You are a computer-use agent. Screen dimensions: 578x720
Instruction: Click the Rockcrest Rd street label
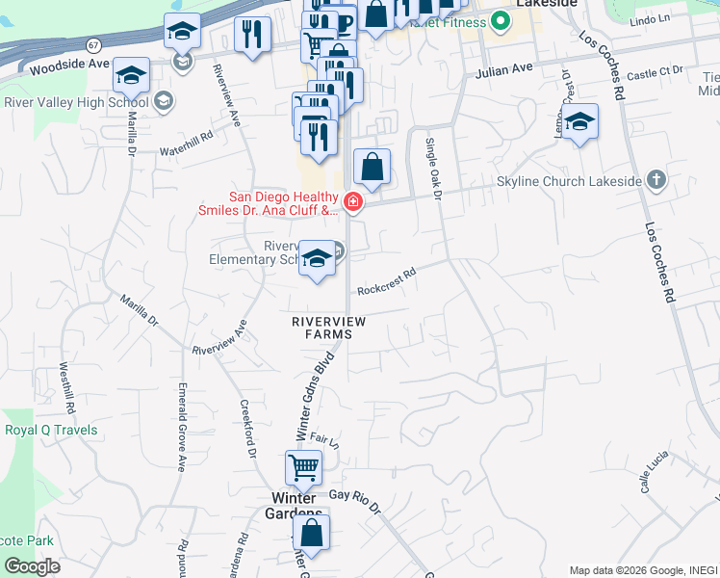386,280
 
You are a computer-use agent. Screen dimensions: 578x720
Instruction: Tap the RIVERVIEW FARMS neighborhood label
323,328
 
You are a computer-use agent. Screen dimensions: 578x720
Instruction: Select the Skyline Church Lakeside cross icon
656,180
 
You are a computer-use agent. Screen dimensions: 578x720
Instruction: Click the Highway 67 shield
92,45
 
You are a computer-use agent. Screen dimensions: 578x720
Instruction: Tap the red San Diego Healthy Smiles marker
353,201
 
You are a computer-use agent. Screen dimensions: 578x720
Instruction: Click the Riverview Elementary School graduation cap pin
316,258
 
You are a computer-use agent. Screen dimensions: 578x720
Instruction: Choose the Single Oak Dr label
433,168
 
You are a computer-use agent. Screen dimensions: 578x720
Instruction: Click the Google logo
32,566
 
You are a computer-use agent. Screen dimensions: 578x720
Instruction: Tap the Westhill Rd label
65,381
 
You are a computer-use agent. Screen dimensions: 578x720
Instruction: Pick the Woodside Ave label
69,66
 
